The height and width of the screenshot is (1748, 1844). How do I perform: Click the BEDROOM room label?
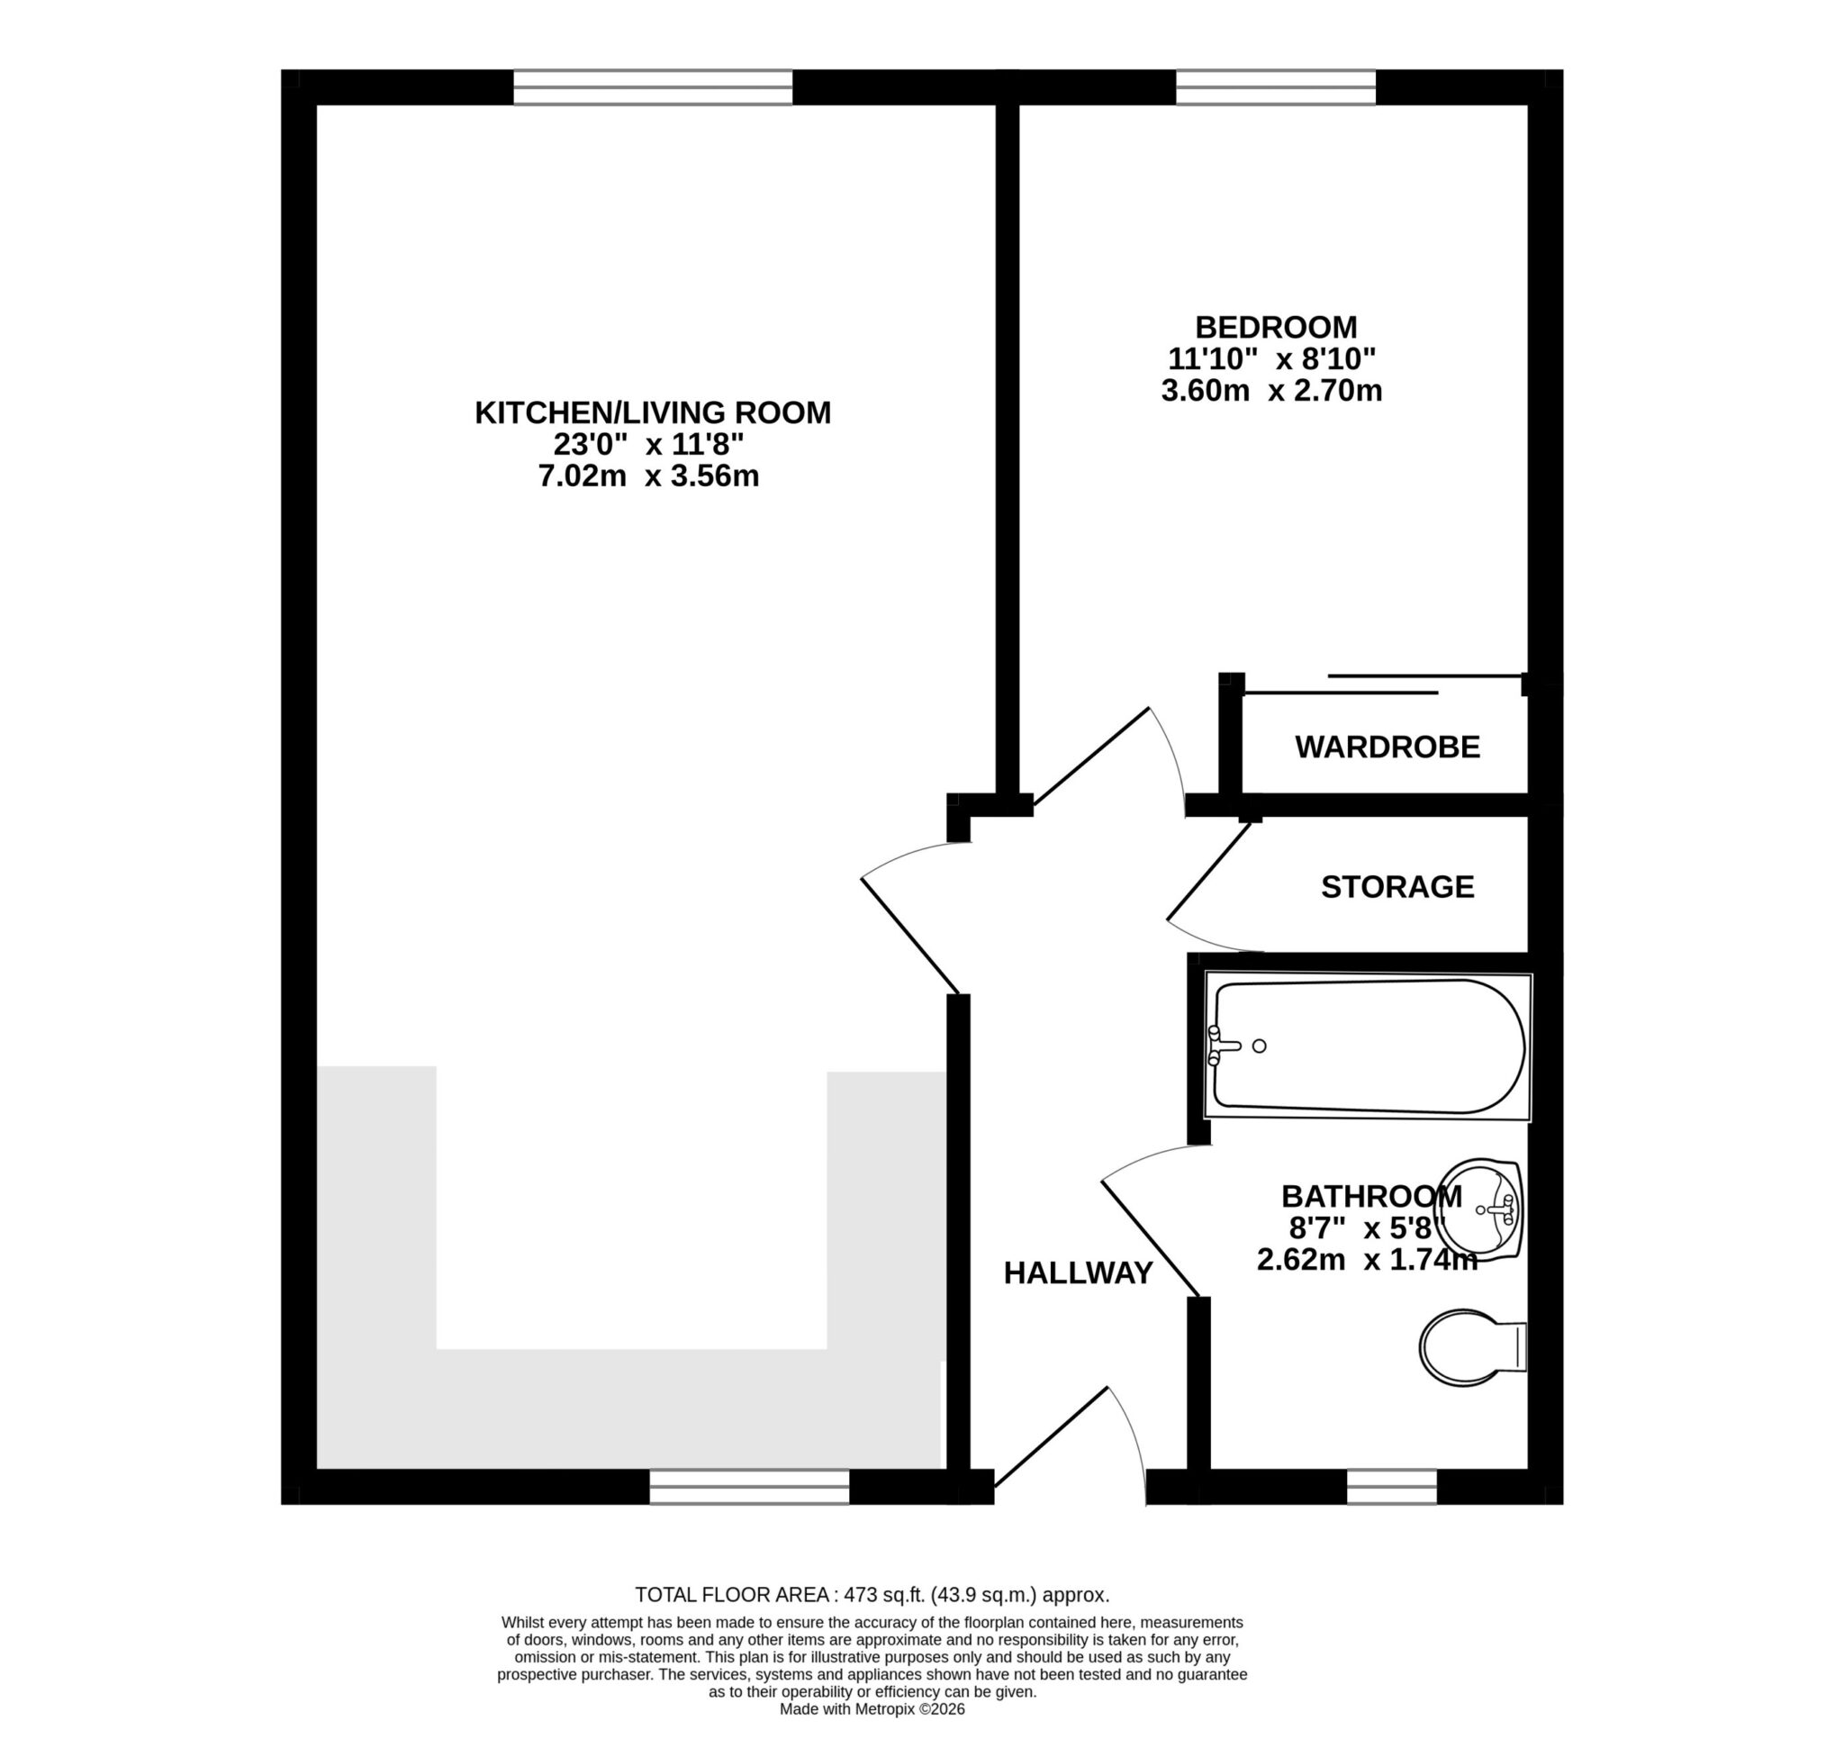(x=1275, y=327)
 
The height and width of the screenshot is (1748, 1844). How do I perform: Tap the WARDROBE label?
(x=1387, y=747)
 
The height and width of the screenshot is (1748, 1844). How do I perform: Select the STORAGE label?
(x=1397, y=886)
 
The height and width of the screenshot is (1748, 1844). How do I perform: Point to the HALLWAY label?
(x=1077, y=1273)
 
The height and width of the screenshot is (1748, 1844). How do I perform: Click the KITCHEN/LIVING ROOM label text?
(x=652, y=412)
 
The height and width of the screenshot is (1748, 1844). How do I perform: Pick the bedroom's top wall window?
(x=1275, y=87)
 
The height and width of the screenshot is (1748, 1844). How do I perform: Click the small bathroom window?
(x=1391, y=1486)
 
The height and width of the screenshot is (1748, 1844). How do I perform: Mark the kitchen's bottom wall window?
(x=749, y=1486)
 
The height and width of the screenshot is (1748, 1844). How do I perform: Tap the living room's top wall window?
(x=652, y=87)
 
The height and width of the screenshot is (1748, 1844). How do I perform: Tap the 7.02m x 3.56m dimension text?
(x=648, y=476)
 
